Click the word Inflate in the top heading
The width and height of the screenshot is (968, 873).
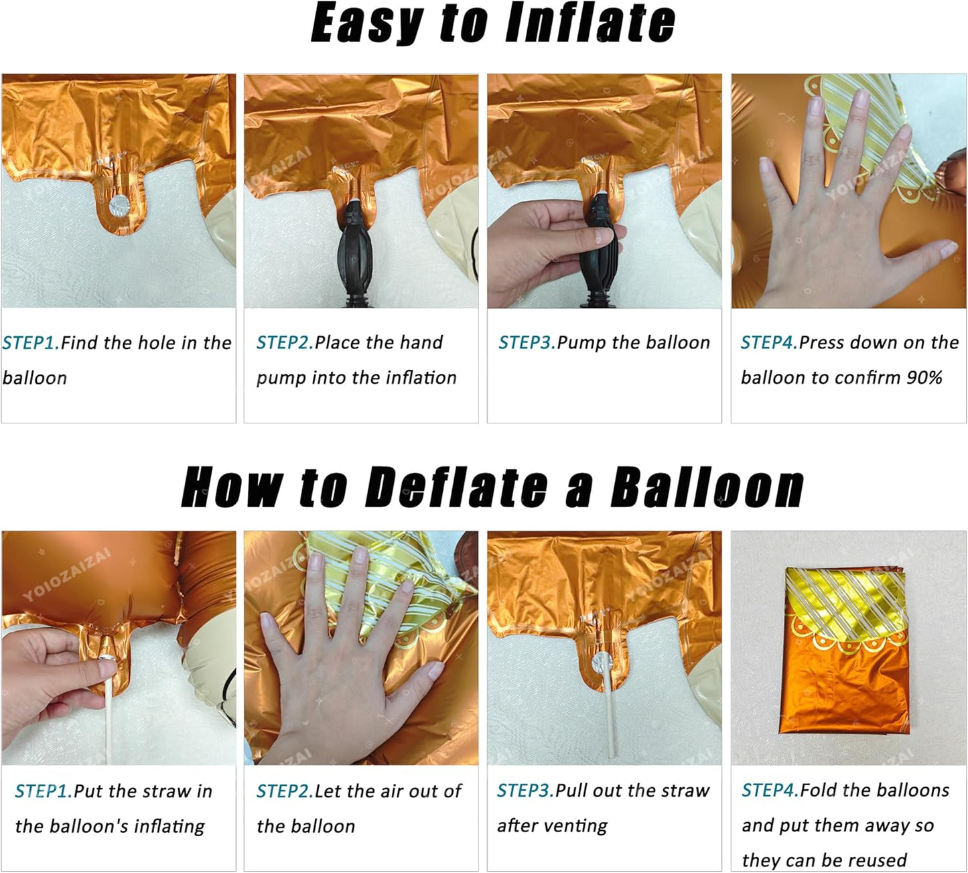click(590, 23)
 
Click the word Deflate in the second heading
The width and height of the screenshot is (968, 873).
click(456, 487)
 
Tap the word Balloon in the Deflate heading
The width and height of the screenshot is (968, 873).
click(706, 487)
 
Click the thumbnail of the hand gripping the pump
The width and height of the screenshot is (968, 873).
click(604, 191)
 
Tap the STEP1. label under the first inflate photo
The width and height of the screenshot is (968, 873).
click(31, 343)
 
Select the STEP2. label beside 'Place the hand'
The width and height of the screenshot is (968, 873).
click(285, 342)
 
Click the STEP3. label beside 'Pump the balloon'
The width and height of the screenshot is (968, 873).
click(527, 342)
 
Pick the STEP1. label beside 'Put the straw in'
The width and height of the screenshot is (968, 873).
click(44, 791)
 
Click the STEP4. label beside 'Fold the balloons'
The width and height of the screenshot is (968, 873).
click(770, 790)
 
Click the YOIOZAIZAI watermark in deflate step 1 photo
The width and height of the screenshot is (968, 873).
click(67, 574)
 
